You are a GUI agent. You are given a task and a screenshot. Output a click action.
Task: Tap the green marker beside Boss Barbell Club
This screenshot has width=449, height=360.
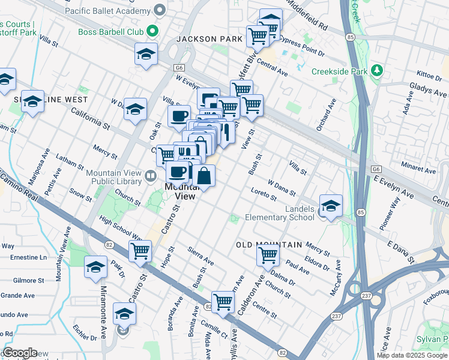coord(153,31)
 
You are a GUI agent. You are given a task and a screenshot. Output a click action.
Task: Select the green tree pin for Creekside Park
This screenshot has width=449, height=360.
coord(377,71)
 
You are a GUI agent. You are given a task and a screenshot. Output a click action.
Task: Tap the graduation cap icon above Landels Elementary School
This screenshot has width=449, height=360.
coord(331,206)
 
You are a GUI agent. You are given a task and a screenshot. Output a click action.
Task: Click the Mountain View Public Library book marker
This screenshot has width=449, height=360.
coord(151,176)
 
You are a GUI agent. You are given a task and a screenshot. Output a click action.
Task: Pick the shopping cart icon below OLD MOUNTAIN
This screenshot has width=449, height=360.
coord(268,255)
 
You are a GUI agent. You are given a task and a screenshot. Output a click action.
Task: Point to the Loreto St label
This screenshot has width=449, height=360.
coord(263,194)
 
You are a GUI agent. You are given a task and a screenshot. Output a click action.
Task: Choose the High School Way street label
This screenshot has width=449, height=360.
coord(120,229)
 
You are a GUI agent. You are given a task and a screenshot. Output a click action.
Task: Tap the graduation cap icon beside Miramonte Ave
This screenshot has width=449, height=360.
coord(95,267)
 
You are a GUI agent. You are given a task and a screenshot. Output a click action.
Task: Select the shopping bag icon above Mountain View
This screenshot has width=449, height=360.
coord(204,176)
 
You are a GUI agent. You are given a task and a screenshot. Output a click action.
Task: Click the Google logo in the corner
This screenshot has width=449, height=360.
coord(20,353)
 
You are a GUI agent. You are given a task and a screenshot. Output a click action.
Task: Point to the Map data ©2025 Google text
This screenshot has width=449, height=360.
coord(411,355)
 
